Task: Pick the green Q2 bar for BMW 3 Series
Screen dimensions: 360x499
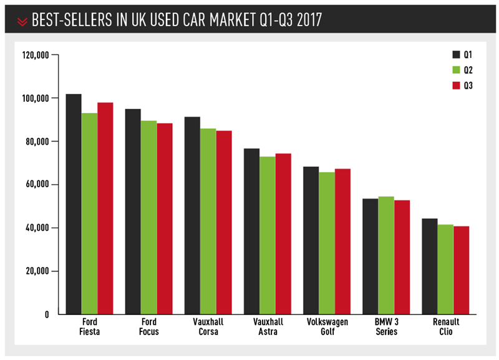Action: point(386,255)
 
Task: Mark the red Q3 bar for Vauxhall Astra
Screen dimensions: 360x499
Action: point(283,234)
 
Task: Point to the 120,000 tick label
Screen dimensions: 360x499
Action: point(36,55)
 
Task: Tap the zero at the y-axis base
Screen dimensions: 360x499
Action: point(47,314)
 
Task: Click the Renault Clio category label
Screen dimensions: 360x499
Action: point(446,326)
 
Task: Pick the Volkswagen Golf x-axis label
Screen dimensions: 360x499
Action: point(327,326)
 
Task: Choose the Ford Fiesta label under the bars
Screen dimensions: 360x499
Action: point(89,326)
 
